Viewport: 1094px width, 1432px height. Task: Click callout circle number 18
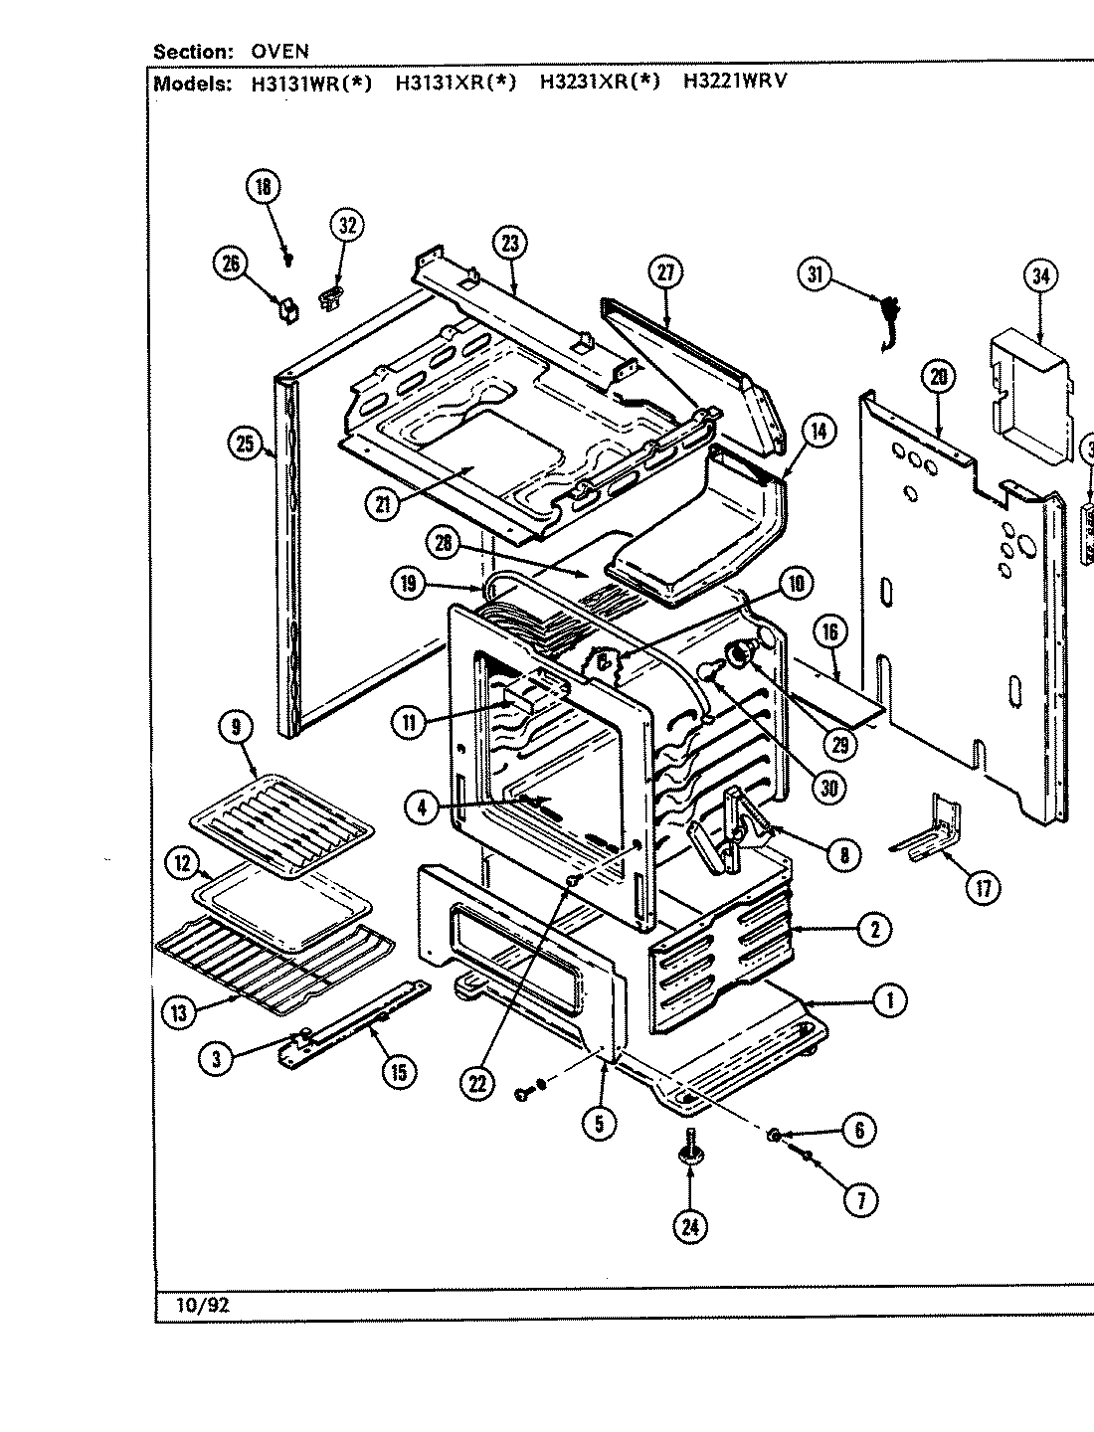[x=264, y=188]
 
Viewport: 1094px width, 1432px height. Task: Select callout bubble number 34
[x=1040, y=275]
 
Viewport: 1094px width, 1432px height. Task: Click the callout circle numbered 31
[x=815, y=275]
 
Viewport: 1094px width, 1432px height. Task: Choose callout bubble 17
[x=983, y=888]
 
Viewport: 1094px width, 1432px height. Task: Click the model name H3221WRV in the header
[x=734, y=83]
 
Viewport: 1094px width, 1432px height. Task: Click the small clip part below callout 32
[x=331, y=295]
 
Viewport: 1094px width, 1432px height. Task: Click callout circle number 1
[x=888, y=1001]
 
